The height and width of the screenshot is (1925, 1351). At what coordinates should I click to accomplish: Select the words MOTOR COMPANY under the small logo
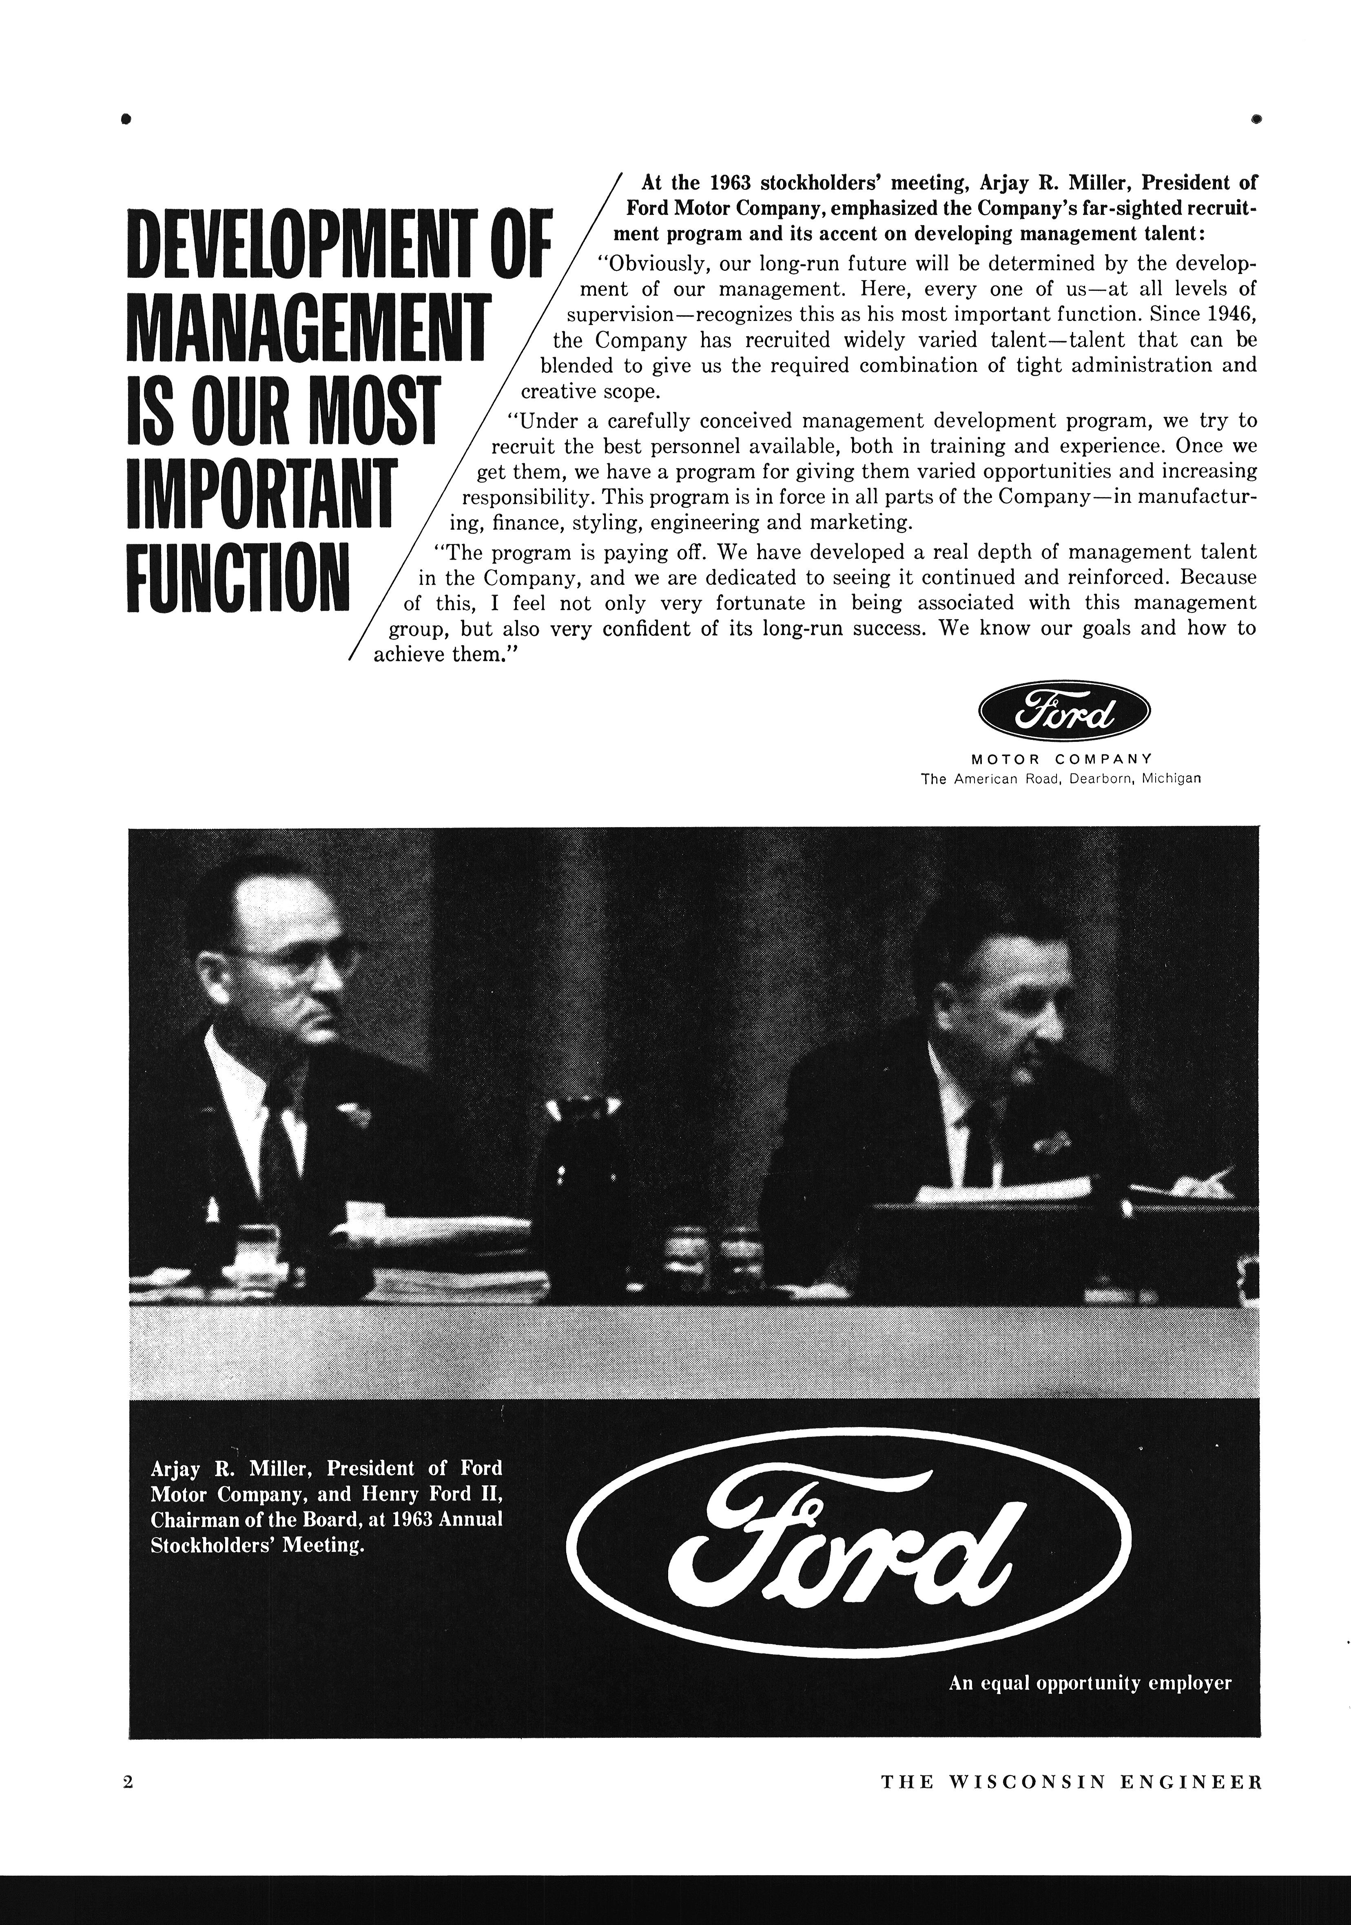1061,760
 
